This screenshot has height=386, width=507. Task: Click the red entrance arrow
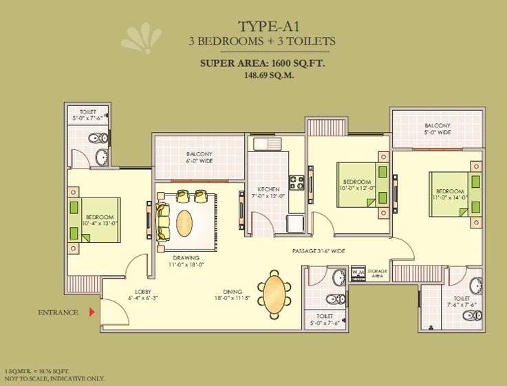(x=92, y=312)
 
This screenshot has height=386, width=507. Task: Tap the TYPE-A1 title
(x=269, y=27)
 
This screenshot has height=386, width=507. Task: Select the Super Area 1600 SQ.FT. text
(x=262, y=63)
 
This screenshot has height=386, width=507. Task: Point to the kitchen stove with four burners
(x=296, y=182)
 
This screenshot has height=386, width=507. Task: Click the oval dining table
(x=274, y=294)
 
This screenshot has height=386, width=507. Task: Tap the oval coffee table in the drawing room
(x=184, y=224)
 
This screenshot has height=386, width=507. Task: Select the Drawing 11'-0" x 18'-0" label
(x=186, y=261)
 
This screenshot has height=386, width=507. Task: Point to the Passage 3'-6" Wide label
(x=319, y=251)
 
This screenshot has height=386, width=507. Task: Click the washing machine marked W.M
(x=358, y=273)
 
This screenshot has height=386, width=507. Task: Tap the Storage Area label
(x=378, y=273)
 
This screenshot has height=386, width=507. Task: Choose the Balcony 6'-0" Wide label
(x=199, y=158)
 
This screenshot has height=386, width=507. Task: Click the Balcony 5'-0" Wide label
(x=438, y=129)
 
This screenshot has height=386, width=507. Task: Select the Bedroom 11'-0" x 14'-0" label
(x=450, y=194)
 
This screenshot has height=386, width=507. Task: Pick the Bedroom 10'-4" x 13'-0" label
(x=100, y=220)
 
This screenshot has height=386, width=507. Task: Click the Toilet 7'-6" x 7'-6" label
(x=462, y=302)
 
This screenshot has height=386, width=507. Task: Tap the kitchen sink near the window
(x=268, y=144)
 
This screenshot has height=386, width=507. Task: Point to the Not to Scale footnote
(x=54, y=378)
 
